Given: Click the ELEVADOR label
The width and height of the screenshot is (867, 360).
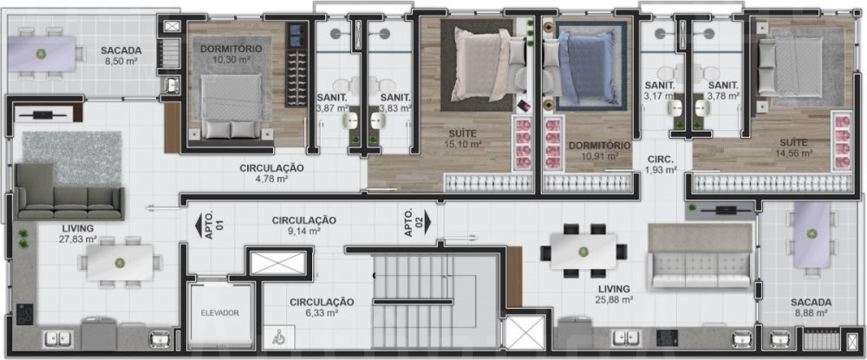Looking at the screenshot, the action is coord(219,313).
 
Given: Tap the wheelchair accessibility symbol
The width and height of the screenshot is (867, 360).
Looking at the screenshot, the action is coord(278,338).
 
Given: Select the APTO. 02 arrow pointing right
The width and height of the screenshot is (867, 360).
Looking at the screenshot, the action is coord(427,225).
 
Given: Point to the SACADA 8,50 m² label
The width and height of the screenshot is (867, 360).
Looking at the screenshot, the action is coord(118,56).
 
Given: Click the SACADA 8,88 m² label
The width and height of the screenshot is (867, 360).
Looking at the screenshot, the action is coord(811,307).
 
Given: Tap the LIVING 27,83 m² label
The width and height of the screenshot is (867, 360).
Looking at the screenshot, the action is coord(78,233).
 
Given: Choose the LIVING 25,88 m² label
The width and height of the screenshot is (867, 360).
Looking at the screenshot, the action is coord(614,294).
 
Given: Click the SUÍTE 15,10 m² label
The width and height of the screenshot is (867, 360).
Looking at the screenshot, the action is coord(463,139).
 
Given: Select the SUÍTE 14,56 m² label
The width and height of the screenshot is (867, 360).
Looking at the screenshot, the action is coord(793,147).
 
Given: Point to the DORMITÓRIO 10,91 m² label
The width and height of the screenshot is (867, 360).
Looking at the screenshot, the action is coord(599,150).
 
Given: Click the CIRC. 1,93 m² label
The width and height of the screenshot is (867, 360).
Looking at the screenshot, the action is coord(661,165).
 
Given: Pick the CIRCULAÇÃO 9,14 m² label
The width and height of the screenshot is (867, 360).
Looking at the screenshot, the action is coord(303,226).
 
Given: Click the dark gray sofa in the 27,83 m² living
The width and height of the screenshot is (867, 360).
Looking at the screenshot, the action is coord(68,193).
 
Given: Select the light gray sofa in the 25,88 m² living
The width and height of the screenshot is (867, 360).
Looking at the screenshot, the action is coord(701,256).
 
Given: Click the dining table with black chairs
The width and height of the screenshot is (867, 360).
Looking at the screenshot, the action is coord(583,251).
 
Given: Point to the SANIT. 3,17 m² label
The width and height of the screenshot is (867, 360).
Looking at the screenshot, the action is coord(660,91).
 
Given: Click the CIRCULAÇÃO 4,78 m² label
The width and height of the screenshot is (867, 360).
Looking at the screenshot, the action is coord(271,173).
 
